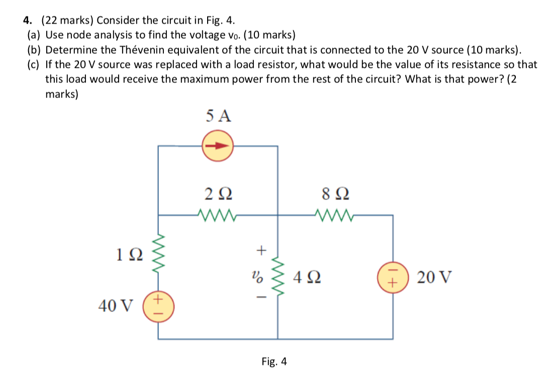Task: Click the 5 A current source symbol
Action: click(x=218, y=146)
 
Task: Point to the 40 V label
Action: click(x=116, y=305)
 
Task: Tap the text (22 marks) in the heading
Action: click(x=67, y=21)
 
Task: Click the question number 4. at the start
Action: click(x=28, y=21)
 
